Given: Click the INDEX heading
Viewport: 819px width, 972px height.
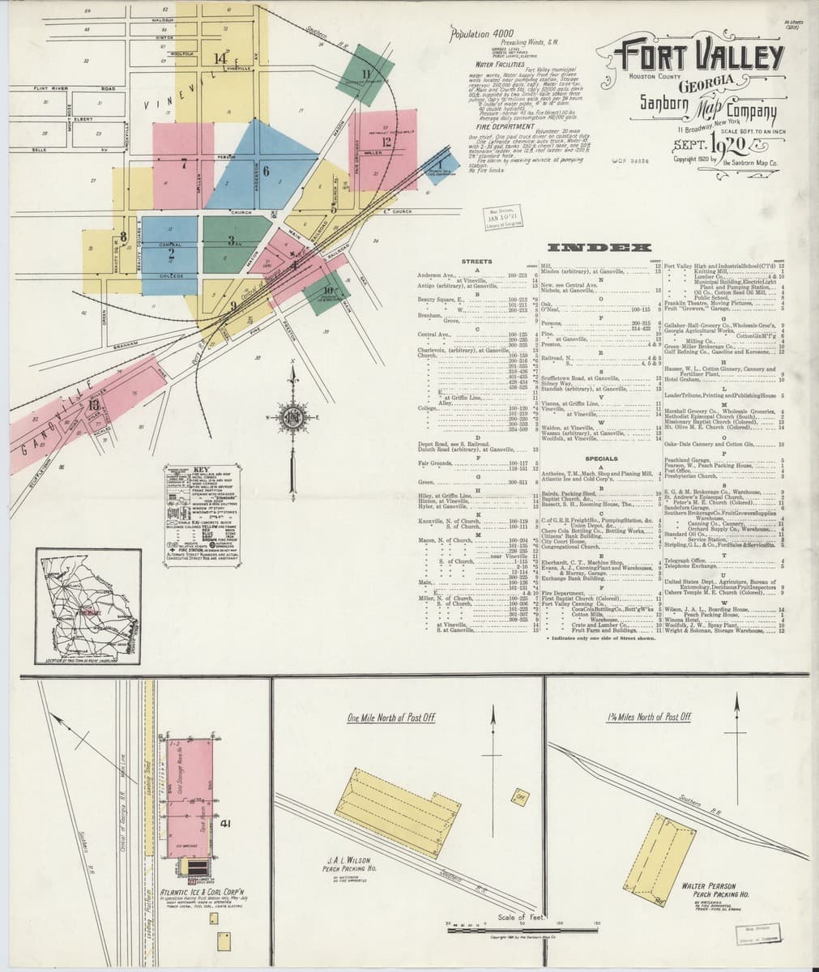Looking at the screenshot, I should (x=599, y=247).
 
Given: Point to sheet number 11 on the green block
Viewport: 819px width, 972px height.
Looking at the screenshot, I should (x=366, y=75).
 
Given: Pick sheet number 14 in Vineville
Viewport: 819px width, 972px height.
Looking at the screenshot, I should (x=220, y=58).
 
